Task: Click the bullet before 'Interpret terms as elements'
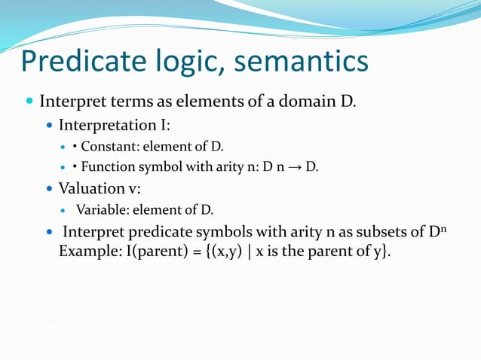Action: [29, 101]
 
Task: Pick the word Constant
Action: [106, 145]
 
